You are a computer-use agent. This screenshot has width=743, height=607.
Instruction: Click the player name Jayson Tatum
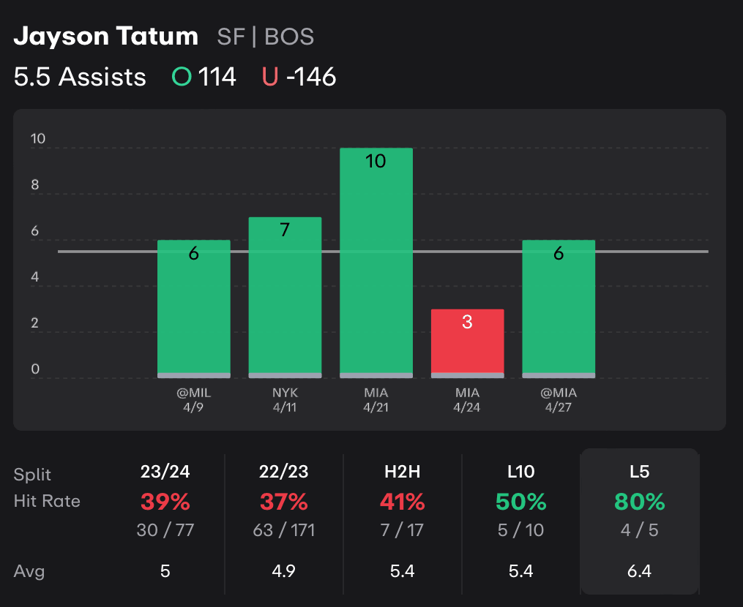click(x=106, y=37)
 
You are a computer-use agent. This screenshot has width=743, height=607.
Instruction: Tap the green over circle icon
click(x=180, y=77)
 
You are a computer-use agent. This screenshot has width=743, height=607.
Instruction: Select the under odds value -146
click(x=311, y=77)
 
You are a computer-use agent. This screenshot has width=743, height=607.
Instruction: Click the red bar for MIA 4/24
click(x=467, y=343)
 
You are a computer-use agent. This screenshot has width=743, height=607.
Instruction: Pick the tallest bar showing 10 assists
click(x=376, y=263)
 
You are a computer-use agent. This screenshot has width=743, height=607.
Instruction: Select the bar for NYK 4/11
click(x=285, y=297)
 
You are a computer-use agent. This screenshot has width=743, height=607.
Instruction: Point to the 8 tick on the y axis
click(x=34, y=186)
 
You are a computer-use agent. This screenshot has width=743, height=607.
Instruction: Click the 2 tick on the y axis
click(x=34, y=324)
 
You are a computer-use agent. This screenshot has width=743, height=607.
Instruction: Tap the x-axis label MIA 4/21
click(x=376, y=400)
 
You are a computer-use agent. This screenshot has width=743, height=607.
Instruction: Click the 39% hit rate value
click(x=165, y=502)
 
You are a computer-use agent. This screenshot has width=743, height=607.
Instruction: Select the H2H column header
click(x=402, y=472)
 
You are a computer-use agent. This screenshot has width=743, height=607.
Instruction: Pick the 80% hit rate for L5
click(x=640, y=502)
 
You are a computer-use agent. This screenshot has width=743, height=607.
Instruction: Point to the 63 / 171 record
click(x=283, y=530)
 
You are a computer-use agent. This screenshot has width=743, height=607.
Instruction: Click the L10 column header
click(x=520, y=472)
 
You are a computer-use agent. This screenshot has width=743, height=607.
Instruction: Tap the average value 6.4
click(x=640, y=570)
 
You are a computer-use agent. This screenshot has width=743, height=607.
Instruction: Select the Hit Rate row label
click(x=47, y=502)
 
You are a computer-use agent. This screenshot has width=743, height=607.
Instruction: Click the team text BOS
click(x=289, y=37)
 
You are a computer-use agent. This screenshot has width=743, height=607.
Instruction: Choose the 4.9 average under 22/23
click(x=283, y=570)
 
